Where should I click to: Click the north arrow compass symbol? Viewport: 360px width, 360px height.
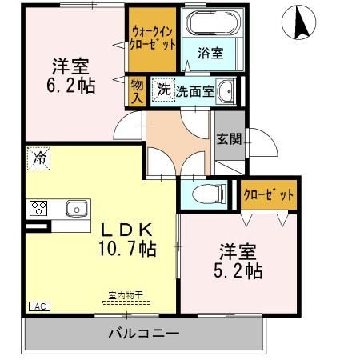(x=298, y=22)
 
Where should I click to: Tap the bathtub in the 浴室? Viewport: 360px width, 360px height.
(x=213, y=22)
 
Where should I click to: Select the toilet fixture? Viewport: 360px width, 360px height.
(x=209, y=194)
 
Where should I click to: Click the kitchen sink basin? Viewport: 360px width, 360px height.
(x=77, y=208)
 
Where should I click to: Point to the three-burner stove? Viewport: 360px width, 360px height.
(x=38, y=208)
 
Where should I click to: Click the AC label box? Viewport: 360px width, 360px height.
(x=39, y=306)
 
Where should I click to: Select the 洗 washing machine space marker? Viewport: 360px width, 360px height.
(x=164, y=90)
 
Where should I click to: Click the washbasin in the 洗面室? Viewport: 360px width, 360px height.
(x=226, y=91)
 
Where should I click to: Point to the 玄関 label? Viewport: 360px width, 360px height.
(x=229, y=139)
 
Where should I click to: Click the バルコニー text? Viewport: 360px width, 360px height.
(x=144, y=334)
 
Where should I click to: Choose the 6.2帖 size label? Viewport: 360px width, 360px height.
(x=71, y=86)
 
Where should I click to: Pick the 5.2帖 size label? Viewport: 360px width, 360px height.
(x=238, y=271)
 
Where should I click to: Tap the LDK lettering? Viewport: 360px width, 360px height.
(x=127, y=230)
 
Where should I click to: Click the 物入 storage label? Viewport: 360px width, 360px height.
(x=138, y=91)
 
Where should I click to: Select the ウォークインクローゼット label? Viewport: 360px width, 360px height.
(x=152, y=38)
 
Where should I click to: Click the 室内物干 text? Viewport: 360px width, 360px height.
(x=126, y=295)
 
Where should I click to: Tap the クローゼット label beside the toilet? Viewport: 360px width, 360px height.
(x=269, y=195)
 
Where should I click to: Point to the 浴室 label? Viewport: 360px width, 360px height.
(x=210, y=53)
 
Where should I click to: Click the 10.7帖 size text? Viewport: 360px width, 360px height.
(x=127, y=249)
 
